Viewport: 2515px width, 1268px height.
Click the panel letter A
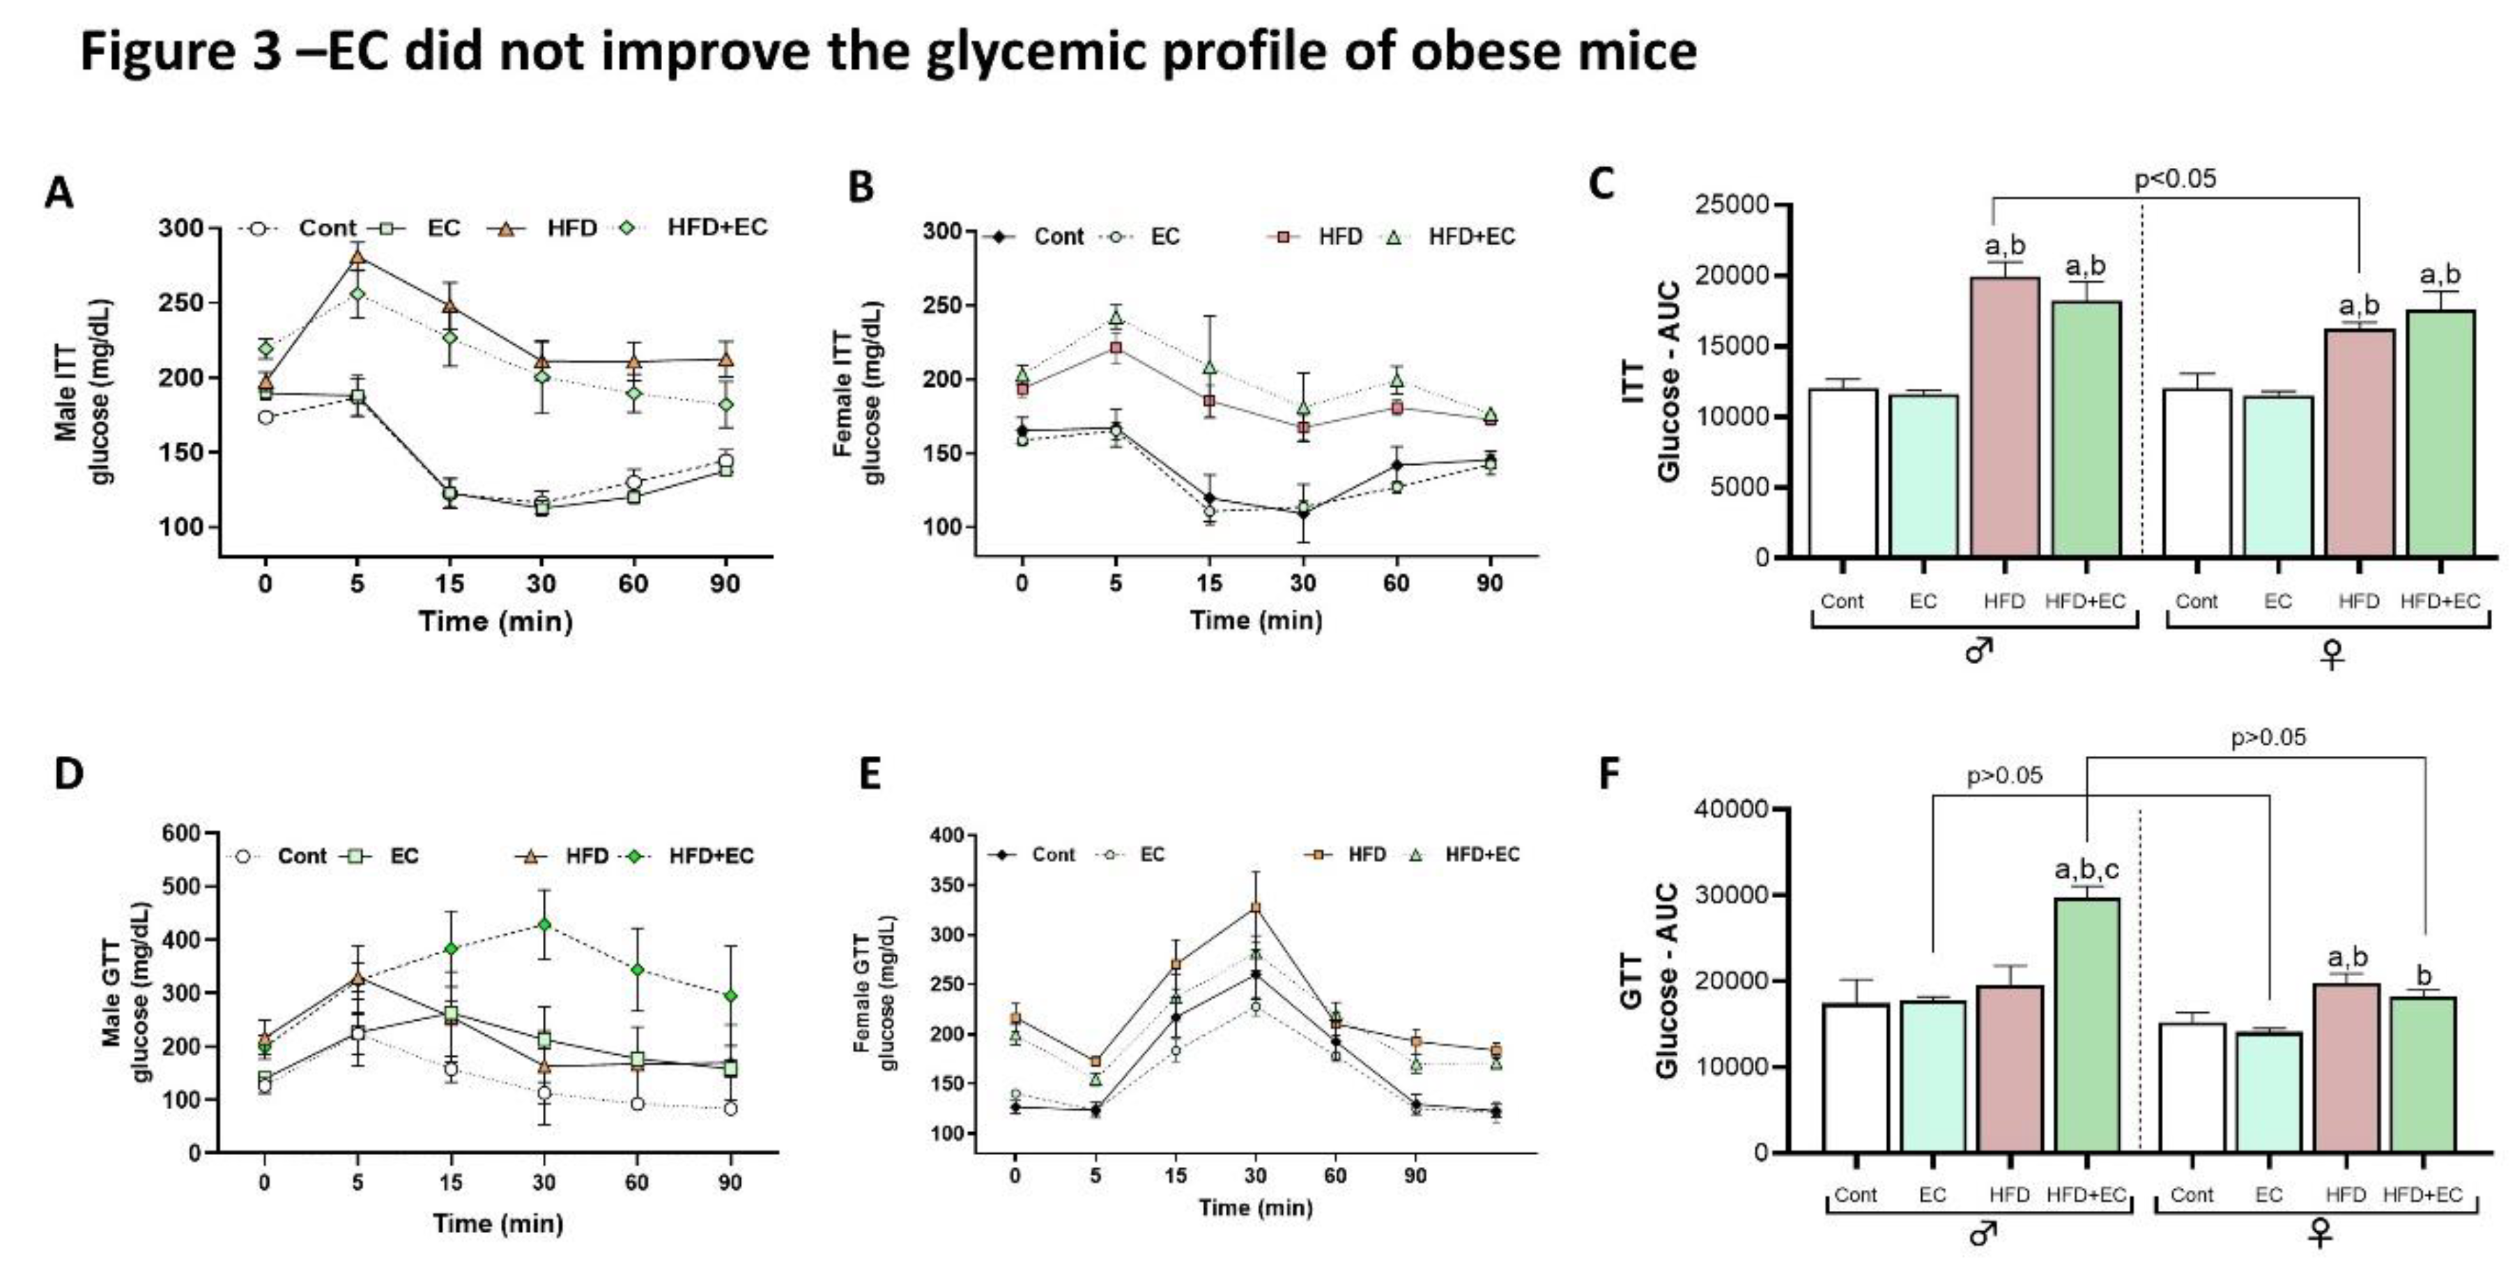coord(59,192)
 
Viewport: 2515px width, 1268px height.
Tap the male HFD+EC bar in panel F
coord(2086,1025)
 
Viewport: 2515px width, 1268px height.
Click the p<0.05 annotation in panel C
coord(2174,178)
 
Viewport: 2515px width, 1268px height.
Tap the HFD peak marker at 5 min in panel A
coord(357,258)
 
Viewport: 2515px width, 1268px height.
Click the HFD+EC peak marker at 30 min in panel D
coord(544,923)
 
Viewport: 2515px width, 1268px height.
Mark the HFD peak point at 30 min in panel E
coord(1256,908)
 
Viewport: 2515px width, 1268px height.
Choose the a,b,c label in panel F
coord(2086,869)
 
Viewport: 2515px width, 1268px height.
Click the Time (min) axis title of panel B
coord(1256,620)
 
